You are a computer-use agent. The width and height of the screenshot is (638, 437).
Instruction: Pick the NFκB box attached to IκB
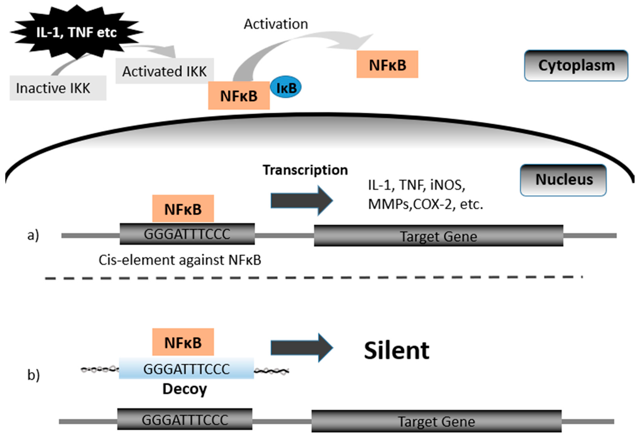pyautogui.click(x=239, y=96)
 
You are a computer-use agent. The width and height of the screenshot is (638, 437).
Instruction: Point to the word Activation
pyautogui.click(x=276, y=24)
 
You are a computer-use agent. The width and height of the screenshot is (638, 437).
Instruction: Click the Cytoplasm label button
pyautogui.click(x=576, y=66)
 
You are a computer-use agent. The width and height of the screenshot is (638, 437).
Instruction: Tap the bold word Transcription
pyautogui.click(x=305, y=170)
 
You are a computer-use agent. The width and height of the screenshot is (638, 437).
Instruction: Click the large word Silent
pyautogui.click(x=396, y=351)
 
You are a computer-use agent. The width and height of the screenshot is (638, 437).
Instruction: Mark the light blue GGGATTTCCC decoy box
pyautogui.click(x=186, y=369)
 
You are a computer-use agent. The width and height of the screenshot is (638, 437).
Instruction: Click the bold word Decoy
pyautogui.click(x=185, y=389)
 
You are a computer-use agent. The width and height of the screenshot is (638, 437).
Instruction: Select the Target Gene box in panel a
pyautogui.click(x=438, y=236)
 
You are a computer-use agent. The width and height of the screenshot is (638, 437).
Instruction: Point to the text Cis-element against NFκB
pyautogui.click(x=180, y=260)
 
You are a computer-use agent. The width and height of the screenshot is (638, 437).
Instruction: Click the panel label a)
pyautogui.click(x=33, y=235)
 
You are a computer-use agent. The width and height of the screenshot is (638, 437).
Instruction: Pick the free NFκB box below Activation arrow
pyautogui.click(x=387, y=65)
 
